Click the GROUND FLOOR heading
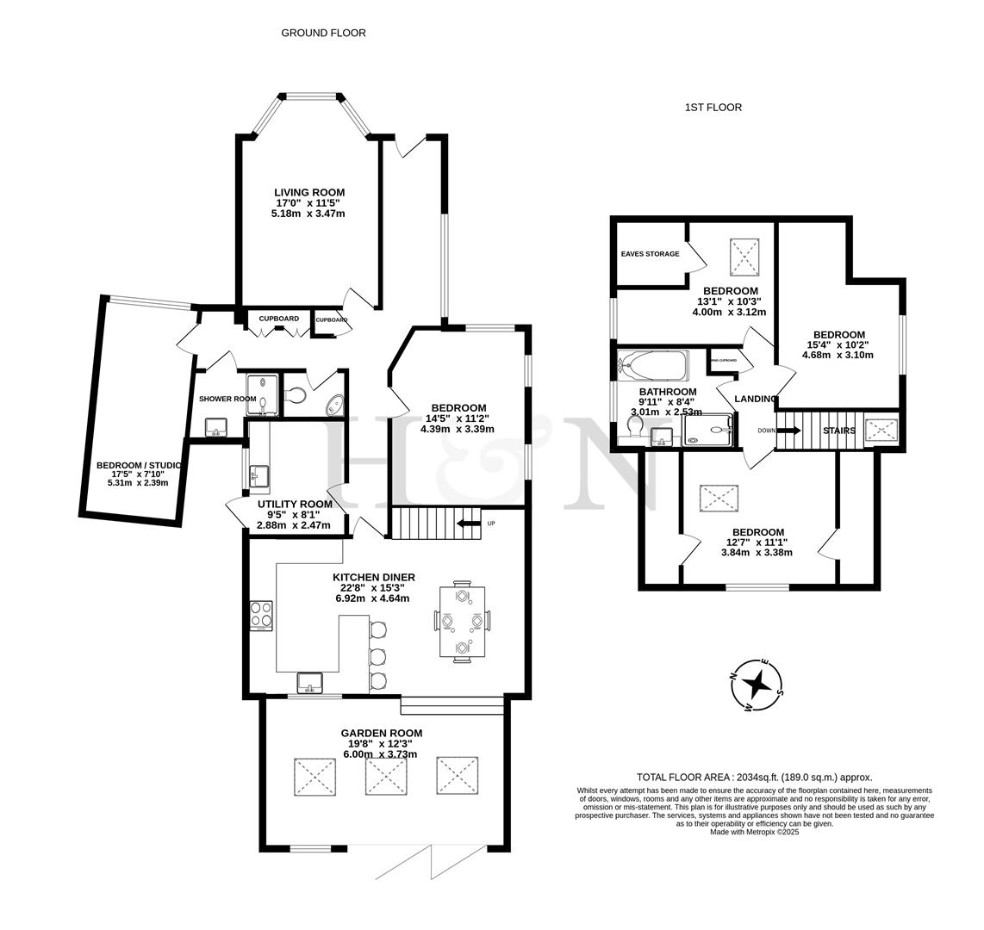323,33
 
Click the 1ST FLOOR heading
713,108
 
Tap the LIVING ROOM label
309,193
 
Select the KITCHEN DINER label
374,577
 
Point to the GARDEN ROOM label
381,733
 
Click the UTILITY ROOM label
295,504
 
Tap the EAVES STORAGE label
650,254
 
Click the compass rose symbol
757,685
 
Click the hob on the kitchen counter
262,616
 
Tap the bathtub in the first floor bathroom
653,365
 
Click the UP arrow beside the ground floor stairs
468,523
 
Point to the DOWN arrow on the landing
788,430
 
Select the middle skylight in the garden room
385,776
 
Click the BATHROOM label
668,392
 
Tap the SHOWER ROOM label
227,399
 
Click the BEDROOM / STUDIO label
138,465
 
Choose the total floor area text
754,776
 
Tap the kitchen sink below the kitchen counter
309,683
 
